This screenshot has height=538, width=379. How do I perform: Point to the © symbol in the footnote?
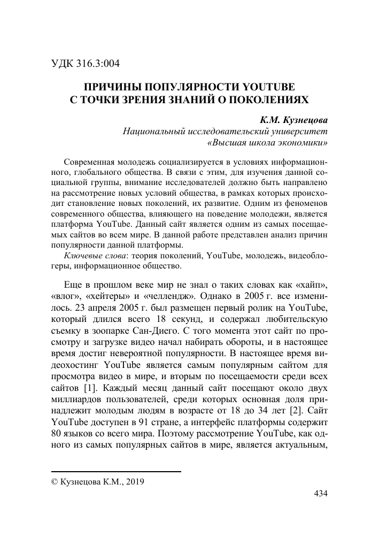tap(54, 481)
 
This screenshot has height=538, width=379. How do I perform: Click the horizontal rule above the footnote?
tap(116, 472)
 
